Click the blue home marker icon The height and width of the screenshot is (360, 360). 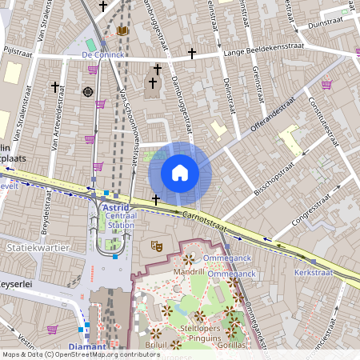(180, 172)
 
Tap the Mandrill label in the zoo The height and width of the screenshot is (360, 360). (189, 271)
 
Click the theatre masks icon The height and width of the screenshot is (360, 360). (158, 247)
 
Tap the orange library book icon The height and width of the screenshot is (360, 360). (122, 30)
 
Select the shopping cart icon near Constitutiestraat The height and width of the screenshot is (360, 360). (326, 85)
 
